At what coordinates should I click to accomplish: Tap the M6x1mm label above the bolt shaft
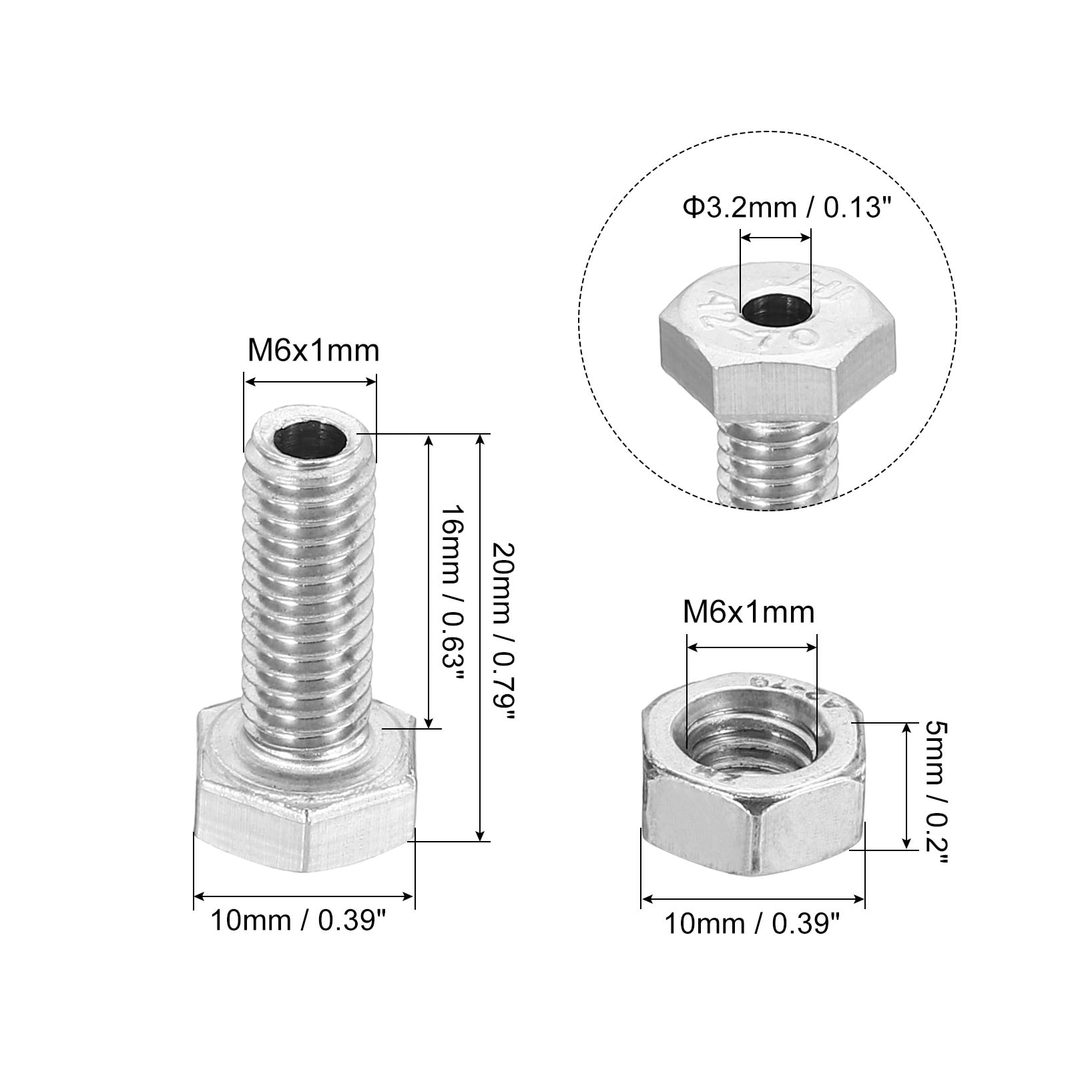point(313,350)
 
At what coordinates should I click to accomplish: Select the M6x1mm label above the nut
point(749,612)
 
